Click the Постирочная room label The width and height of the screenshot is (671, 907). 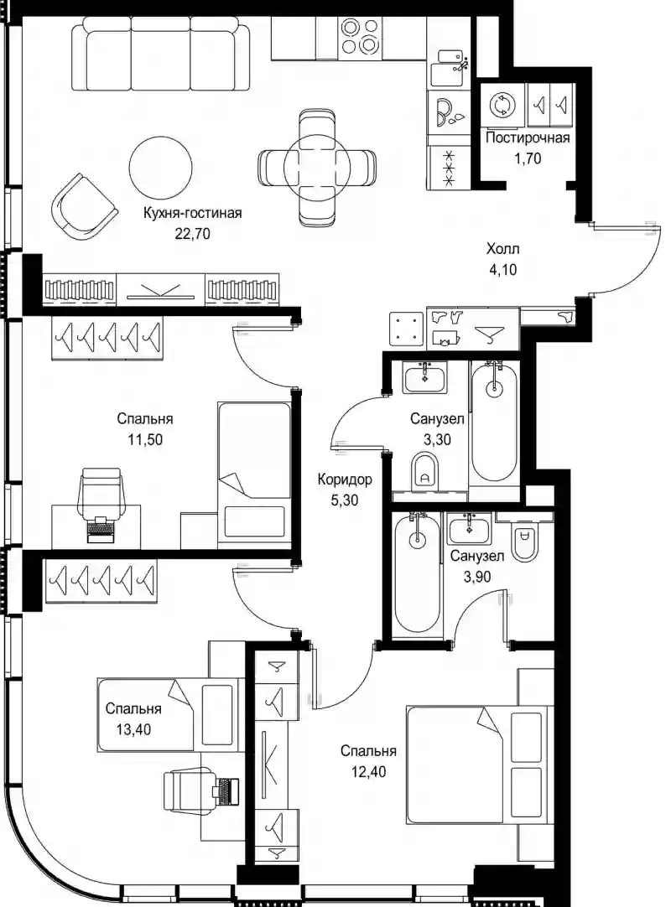528,137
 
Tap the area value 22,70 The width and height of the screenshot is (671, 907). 192,234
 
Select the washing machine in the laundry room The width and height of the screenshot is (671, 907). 501,105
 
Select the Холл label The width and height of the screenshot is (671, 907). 502,249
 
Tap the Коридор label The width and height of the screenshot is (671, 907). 345,479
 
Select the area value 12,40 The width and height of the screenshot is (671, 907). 368,772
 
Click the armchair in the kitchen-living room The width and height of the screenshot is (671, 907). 84,205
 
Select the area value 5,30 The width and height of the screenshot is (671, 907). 345,500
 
